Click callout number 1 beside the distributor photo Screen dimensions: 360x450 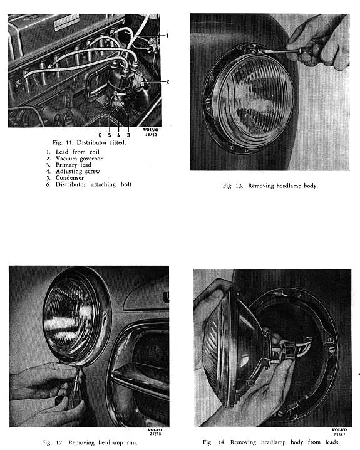point(167,36)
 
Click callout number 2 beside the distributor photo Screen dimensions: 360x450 point(168,81)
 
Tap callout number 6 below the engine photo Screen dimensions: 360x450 point(100,135)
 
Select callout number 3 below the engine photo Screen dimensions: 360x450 point(128,135)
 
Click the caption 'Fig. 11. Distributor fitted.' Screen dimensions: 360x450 point(89,142)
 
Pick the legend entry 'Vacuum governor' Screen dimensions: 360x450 point(79,159)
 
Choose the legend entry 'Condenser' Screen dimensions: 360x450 point(69,177)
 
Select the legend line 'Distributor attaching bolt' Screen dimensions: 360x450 point(93,184)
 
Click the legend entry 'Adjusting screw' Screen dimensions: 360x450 point(78,171)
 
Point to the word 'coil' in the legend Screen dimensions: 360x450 point(95,152)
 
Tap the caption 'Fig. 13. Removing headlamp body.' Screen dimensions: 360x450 point(270,186)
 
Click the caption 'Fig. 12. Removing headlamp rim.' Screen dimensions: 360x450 point(90,442)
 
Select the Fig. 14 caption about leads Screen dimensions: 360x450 point(271,442)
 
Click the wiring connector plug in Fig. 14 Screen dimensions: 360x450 point(287,348)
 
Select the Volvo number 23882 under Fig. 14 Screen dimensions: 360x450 point(339,434)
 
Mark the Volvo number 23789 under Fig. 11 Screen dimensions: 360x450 point(151,134)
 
